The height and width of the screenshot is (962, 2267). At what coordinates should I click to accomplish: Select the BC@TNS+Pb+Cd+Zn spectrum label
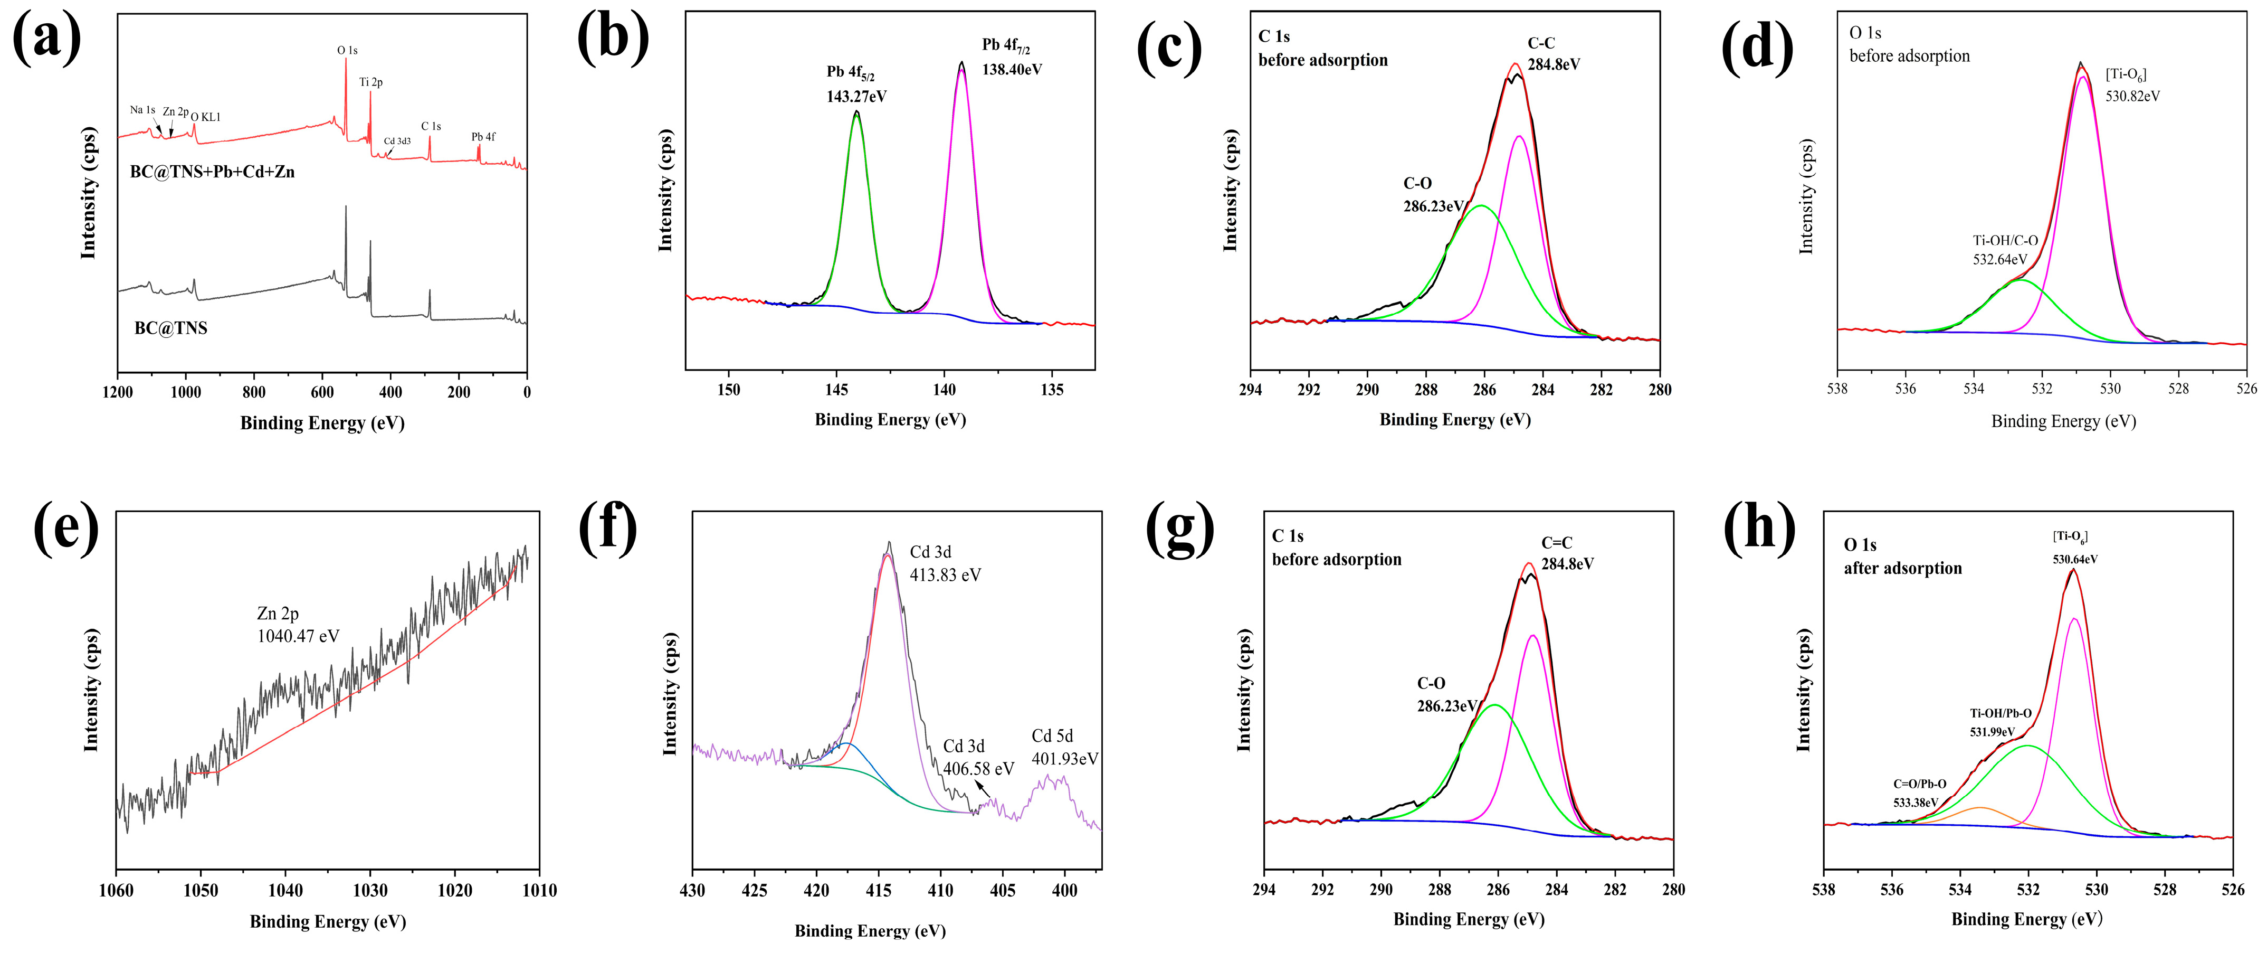tap(212, 172)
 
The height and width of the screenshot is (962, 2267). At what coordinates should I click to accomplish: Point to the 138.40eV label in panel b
tap(1012, 70)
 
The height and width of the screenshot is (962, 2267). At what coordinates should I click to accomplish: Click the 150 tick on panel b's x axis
tap(729, 390)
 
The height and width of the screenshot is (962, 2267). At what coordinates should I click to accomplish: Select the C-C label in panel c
tap(1541, 42)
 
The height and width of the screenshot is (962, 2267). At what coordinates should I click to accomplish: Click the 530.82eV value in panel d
tap(2132, 96)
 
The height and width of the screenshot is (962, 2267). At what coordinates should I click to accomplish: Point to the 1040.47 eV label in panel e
tap(298, 636)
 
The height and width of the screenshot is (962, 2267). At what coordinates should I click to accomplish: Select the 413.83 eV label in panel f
tap(945, 576)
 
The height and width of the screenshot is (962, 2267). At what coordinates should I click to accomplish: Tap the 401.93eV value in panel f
tap(1065, 759)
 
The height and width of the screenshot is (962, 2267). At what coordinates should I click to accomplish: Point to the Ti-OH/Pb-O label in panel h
tap(2001, 713)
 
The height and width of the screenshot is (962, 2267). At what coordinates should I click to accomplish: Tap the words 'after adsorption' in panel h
tap(1903, 569)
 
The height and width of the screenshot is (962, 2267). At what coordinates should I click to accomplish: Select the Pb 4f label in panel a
tap(483, 136)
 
